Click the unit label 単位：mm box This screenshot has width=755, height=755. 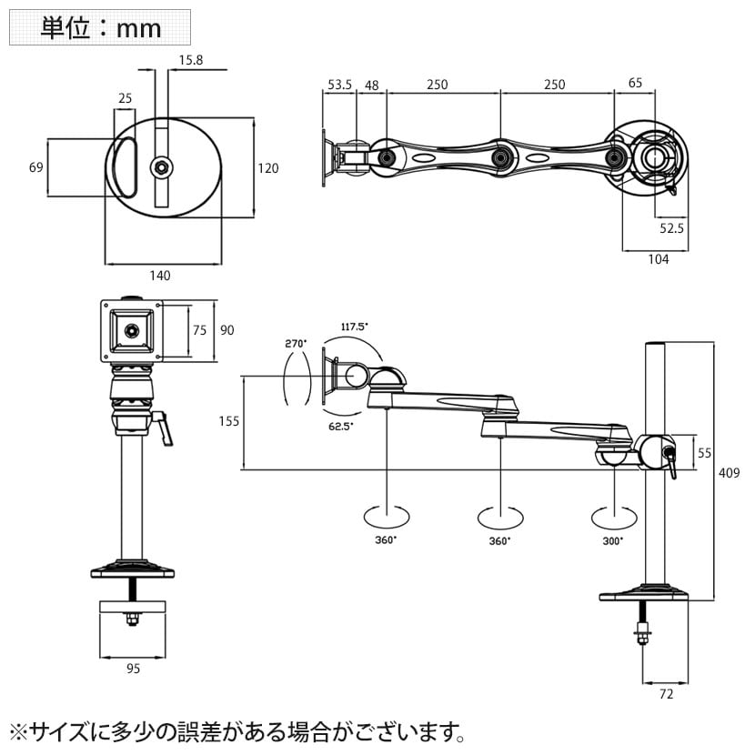tap(100, 27)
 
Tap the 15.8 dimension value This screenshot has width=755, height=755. tap(191, 60)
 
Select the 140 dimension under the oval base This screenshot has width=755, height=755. tap(159, 275)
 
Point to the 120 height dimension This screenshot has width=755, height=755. tap(268, 168)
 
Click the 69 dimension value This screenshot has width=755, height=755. tap(36, 167)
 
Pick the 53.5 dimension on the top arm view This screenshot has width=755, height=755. tap(339, 85)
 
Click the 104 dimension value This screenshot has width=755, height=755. tap(659, 259)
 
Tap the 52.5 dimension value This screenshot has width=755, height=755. tap(671, 228)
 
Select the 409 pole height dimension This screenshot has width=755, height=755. tap(730, 473)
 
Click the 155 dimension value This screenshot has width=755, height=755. tap(228, 420)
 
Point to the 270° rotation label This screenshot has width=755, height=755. tap(296, 344)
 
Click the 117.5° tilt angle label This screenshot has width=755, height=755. tap(355, 327)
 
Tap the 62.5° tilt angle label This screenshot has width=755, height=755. tap(340, 425)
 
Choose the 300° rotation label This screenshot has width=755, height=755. tap(613, 540)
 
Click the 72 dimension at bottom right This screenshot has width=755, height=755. tap(665, 695)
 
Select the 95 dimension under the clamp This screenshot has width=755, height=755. tap(133, 669)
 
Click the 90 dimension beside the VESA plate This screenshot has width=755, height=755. tap(227, 329)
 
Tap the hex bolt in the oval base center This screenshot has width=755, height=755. tap(162, 166)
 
